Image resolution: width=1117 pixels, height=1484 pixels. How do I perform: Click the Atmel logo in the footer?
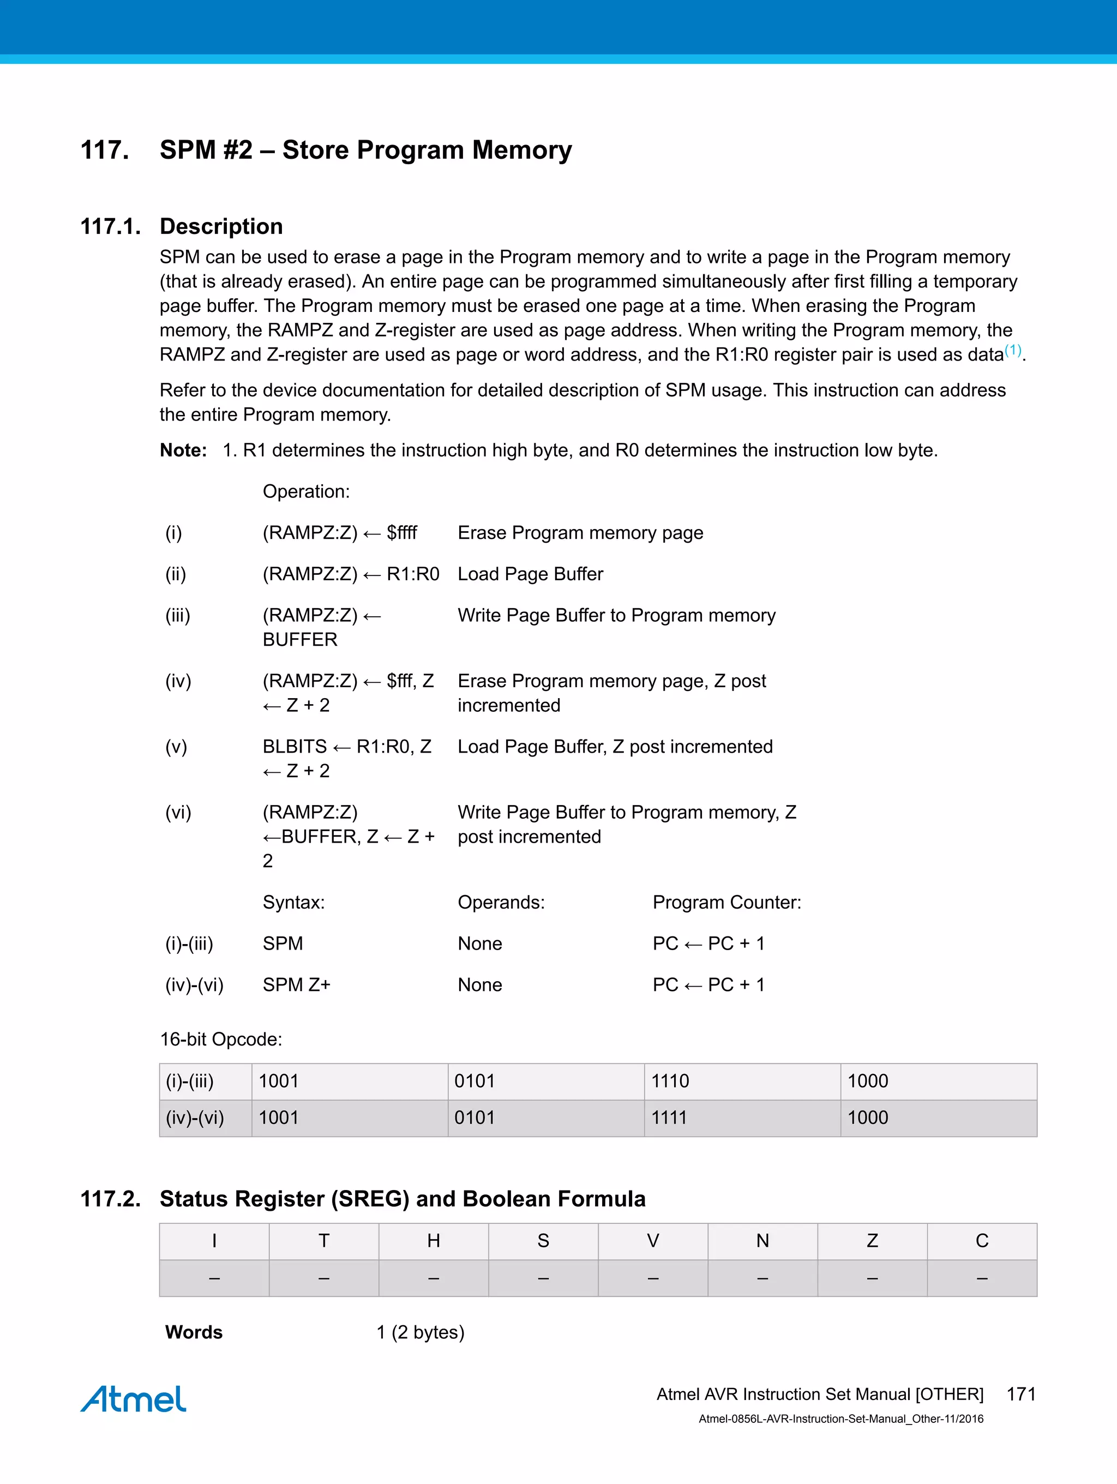(134, 1399)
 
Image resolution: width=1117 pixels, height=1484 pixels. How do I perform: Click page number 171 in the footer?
(1021, 1394)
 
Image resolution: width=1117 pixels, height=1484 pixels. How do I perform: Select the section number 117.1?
(111, 227)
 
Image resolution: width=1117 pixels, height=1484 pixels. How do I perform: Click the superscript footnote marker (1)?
(1013, 350)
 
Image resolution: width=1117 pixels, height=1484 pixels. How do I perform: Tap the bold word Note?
(183, 450)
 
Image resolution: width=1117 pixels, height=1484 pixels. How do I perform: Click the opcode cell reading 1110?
(670, 1081)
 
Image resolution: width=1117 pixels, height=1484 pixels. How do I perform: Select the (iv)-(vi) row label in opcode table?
(195, 1117)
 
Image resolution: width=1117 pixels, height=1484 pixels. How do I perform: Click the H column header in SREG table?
(434, 1241)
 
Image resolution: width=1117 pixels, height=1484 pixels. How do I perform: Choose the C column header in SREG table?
(982, 1241)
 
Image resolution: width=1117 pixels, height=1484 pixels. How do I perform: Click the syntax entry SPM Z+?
(297, 985)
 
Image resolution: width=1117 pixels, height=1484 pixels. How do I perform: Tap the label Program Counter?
(726, 902)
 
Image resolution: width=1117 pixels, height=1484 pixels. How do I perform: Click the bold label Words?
(194, 1332)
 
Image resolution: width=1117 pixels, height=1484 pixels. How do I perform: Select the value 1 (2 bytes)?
(420, 1332)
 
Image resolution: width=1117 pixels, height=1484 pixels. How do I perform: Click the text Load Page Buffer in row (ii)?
(530, 574)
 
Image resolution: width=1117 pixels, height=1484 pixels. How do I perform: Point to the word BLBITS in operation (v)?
(295, 747)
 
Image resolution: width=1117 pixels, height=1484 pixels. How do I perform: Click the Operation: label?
(306, 492)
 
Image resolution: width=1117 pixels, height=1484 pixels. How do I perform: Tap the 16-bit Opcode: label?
(221, 1039)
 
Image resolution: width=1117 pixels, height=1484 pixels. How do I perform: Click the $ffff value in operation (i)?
(402, 533)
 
